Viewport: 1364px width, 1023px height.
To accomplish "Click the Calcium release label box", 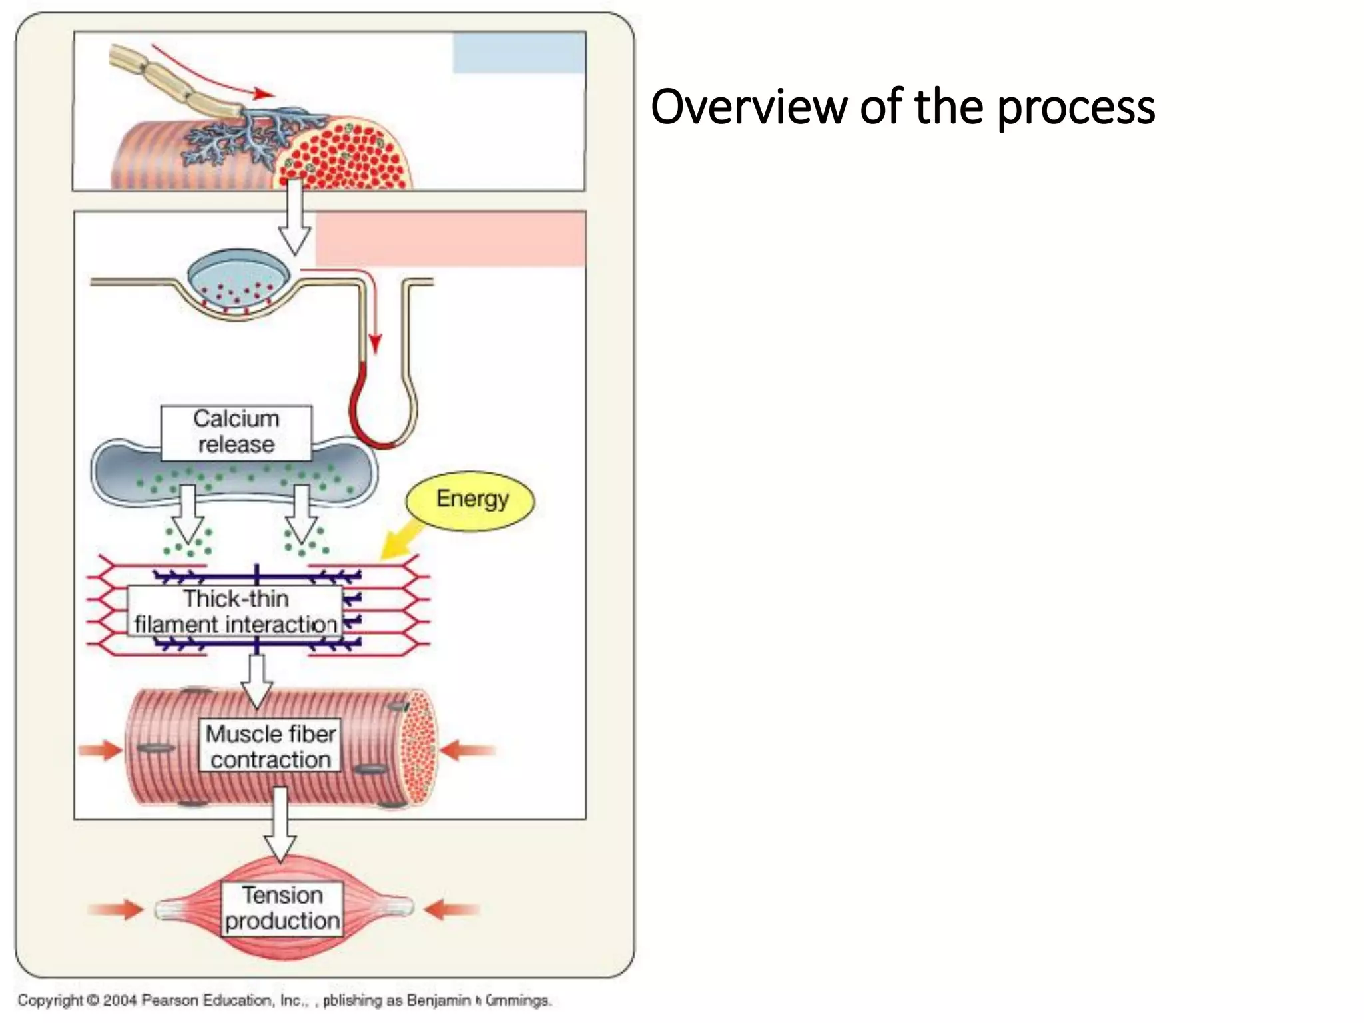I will [x=236, y=432].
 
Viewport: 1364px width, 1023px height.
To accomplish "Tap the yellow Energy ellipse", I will [x=471, y=500].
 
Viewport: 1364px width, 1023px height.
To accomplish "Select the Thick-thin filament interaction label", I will [x=234, y=611].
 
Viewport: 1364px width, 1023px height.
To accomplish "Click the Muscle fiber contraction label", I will [x=270, y=746].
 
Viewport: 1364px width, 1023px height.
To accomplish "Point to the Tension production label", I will [x=282, y=908].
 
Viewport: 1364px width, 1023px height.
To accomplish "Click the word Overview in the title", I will [x=748, y=107].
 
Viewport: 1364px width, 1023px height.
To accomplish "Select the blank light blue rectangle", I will [x=519, y=53].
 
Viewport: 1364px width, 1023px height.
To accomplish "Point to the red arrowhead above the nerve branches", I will [x=264, y=94].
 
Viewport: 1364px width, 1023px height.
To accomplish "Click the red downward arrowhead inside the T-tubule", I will [x=375, y=344].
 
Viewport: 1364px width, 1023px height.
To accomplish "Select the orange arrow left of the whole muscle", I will [x=116, y=909].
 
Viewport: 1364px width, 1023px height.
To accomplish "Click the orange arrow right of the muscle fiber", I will [x=468, y=751].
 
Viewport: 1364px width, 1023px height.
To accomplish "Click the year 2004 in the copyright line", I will [x=119, y=1000].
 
